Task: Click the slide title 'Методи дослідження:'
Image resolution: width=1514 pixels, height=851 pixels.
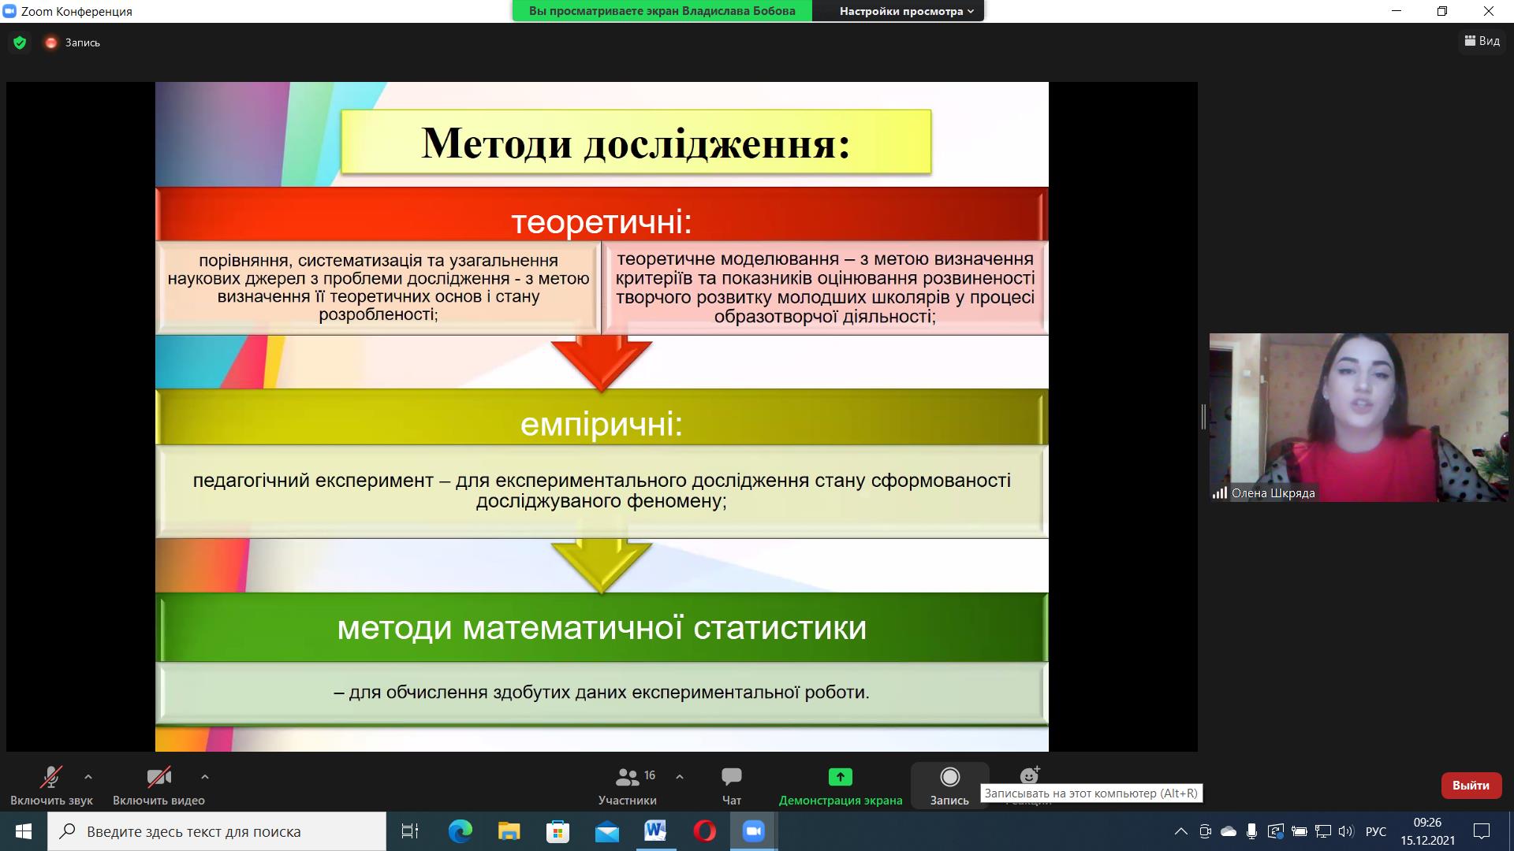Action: [636, 143]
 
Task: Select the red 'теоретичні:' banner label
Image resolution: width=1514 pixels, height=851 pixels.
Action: [602, 221]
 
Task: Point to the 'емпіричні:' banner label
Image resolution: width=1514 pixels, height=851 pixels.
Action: [602, 425]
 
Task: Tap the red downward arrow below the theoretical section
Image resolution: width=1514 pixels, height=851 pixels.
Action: [602, 363]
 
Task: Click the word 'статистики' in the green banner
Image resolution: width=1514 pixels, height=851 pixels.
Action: [780, 628]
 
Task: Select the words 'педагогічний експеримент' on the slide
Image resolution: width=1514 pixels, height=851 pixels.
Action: [313, 481]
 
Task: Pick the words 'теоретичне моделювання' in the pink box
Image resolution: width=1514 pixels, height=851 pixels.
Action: [727, 259]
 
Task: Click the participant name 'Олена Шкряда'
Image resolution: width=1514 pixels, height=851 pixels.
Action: [1273, 493]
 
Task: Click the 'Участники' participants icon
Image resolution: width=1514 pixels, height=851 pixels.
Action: [628, 778]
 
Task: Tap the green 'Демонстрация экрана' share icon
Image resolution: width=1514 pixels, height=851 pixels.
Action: [840, 777]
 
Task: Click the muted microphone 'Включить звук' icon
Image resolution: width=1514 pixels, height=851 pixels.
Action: [51, 777]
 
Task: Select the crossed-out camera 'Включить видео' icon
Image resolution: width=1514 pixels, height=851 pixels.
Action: [158, 778]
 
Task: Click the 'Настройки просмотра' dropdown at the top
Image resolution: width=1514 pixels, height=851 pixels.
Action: [906, 11]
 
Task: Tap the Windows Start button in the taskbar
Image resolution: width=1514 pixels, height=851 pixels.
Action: [24, 831]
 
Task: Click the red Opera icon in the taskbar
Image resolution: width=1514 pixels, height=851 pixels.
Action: [704, 831]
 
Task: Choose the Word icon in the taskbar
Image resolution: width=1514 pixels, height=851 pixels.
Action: [655, 831]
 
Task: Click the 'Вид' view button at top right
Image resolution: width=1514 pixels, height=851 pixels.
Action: [1482, 41]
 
